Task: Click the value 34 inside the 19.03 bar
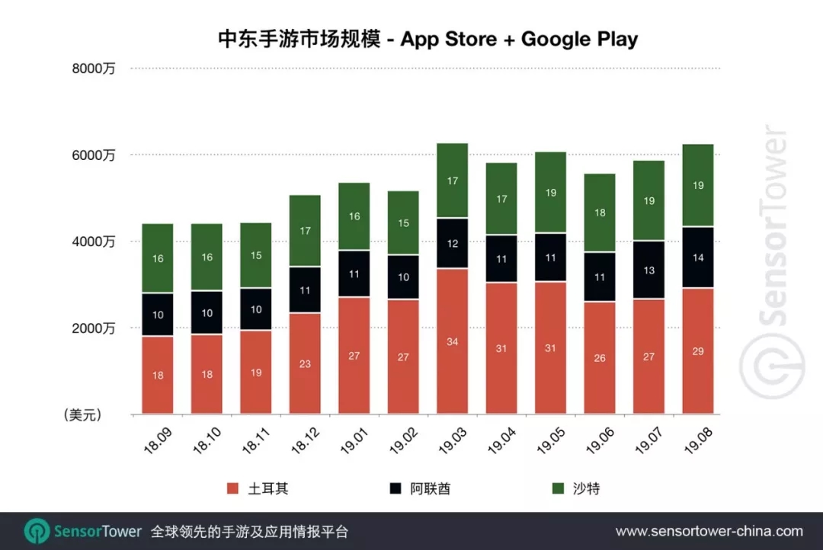tap(452, 341)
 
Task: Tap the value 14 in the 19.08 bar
tap(697, 257)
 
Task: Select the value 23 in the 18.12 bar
tap(305, 364)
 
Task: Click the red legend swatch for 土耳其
tap(233, 488)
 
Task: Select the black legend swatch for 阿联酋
tap(395, 488)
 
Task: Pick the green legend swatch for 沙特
tap(558, 488)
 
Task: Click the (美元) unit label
tap(82, 415)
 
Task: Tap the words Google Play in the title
tap(579, 40)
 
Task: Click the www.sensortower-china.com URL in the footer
tap(709, 531)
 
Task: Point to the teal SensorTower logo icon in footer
tap(37, 531)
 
